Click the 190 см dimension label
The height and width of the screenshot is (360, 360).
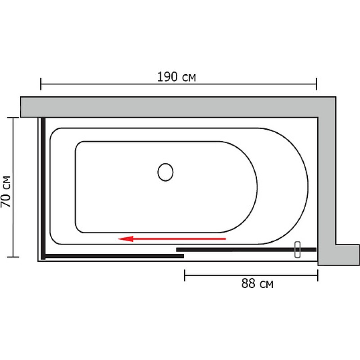pyautogui.click(x=176, y=77)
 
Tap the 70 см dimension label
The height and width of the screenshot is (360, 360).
pyautogui.click(x=6, y=192)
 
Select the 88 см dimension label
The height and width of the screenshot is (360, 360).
pyautogui.click(x=257, y=283)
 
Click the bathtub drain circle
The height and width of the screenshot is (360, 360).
pyautogui.click(x=165, y=172)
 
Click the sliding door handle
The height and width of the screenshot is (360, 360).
pyautogui.click(x=297, y=250)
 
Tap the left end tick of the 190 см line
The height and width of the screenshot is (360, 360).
pyautogui.click(x=40, y=84)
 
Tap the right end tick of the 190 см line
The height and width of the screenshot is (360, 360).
pyautogui.click(x=316, y=84)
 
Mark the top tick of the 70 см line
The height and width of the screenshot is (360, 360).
pyautogui.click(x=13, y=117)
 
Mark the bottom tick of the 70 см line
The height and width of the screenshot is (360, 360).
pyautogui.click(x=13, y=257)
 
